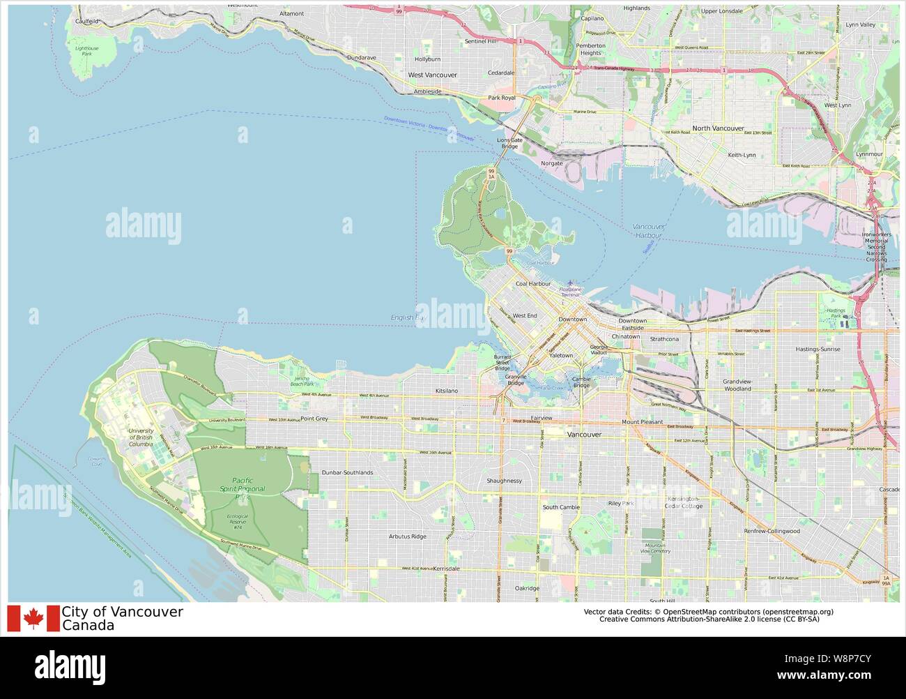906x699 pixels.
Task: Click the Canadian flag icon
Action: [33, 618]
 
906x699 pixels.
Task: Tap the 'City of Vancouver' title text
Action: [122, 612]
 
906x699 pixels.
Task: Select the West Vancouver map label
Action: [432, 75]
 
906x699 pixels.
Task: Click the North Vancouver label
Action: [717, 128]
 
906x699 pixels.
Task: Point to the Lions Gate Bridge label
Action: [509, 143]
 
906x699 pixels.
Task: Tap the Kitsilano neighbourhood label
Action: [446, 391]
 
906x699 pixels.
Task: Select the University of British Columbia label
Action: [141, 437]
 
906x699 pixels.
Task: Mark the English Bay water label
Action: [407, 317]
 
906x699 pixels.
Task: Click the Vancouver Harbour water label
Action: [648, 231]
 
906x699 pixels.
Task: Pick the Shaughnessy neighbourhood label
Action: [504, 481]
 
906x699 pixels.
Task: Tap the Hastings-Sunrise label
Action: [817, 349]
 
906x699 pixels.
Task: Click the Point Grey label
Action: [314, 419]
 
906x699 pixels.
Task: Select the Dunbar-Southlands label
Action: [347, 472]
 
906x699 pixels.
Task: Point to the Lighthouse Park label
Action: [86, 51]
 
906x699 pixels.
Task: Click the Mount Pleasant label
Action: [642, 422]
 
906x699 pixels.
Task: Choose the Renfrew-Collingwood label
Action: [771, 531]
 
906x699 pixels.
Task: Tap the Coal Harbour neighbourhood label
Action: [532, 284]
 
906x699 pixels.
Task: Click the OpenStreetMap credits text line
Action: [708, 612]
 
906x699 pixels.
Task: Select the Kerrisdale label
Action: [446, 569]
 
